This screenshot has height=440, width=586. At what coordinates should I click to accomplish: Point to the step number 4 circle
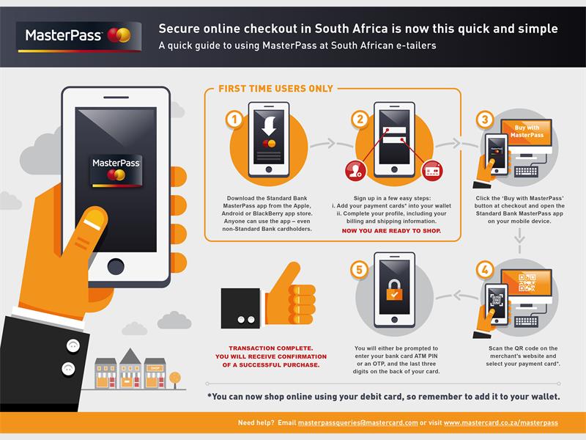click(483, 270)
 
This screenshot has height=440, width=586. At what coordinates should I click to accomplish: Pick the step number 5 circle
click(360, 270)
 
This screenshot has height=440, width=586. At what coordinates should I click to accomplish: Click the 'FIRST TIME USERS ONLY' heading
click(275, 89)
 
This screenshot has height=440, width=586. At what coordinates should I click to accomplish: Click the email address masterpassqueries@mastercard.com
click(357, 423)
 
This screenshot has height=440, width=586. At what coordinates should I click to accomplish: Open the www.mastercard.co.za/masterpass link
click(500, 423)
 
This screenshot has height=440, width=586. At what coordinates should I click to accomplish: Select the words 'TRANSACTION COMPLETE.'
click(270, 348)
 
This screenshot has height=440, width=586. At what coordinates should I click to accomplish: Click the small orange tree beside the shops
click(175, 379)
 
